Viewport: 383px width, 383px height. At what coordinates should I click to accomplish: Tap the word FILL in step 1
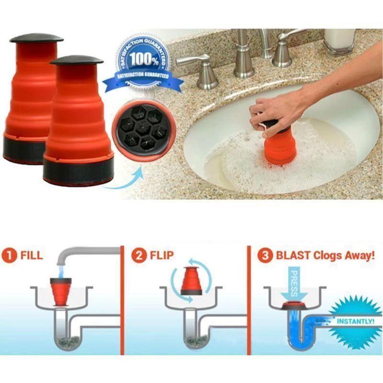tap(31, 256)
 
